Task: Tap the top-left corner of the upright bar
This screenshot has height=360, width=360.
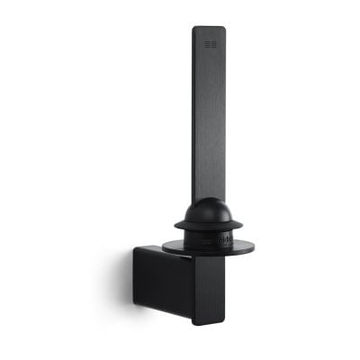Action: click(193, 28)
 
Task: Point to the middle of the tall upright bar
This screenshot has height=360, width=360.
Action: click(208, 117)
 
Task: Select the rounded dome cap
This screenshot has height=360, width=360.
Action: click(207, 212)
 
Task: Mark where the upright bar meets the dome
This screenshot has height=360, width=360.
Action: click(208, 200)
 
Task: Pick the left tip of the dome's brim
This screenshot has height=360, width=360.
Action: click(174, 224)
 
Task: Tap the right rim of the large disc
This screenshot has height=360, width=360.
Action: click(254, 246)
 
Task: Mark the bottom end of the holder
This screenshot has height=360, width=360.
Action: click(209, 322)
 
